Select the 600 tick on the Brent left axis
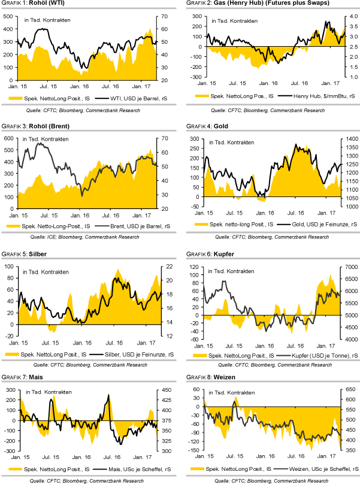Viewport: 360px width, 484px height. (x=8, y=139)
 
